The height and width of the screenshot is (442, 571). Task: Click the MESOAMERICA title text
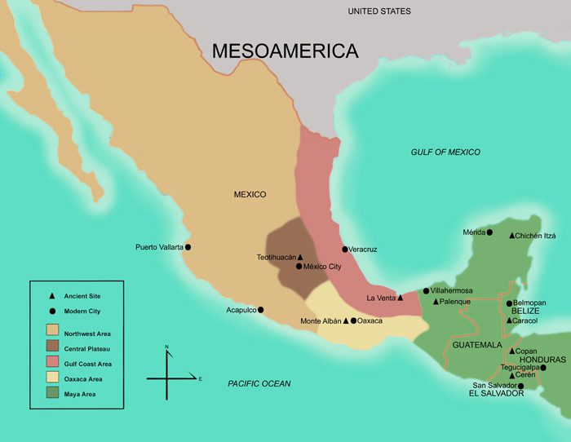coord(285,51)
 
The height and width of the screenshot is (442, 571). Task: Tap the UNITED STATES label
coord(378,11)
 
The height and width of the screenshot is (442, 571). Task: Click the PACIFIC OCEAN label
coord(259,383)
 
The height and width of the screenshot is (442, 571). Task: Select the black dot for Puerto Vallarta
coord(188,247)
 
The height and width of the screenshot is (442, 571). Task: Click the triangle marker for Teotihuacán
coord(300,257)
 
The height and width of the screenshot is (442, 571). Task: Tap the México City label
coord(323,267)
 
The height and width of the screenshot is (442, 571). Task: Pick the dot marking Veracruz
coord(345,249)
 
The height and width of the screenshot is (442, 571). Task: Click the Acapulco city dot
coord(261,310)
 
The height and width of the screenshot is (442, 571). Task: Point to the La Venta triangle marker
coord(401,298)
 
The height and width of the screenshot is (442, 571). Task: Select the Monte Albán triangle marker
coord(346,320)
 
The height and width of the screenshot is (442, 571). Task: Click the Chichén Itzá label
coord(541,236)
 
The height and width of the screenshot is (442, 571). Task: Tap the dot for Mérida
coord(489,232)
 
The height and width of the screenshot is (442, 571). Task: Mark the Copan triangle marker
coord(511,351)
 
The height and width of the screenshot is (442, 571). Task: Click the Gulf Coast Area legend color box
coord(53,364)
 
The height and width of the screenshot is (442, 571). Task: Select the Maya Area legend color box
coord(53,394)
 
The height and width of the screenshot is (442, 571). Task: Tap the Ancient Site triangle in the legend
coord(53,296)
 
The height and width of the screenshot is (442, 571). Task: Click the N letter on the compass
coord(166,347)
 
